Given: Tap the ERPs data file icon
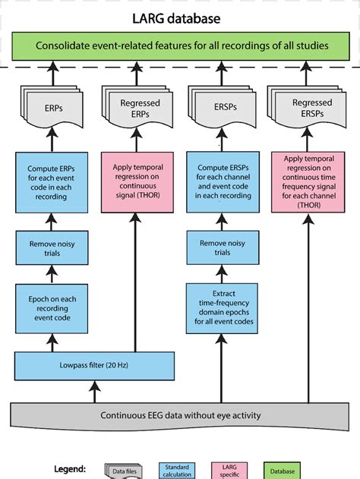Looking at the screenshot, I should (x=49, y=109).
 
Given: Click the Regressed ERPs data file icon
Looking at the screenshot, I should (x=137, y=109).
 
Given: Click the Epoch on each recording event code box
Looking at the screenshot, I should (x=49, y=307).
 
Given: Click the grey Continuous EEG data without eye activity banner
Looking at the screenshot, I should (x=180, y=416).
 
